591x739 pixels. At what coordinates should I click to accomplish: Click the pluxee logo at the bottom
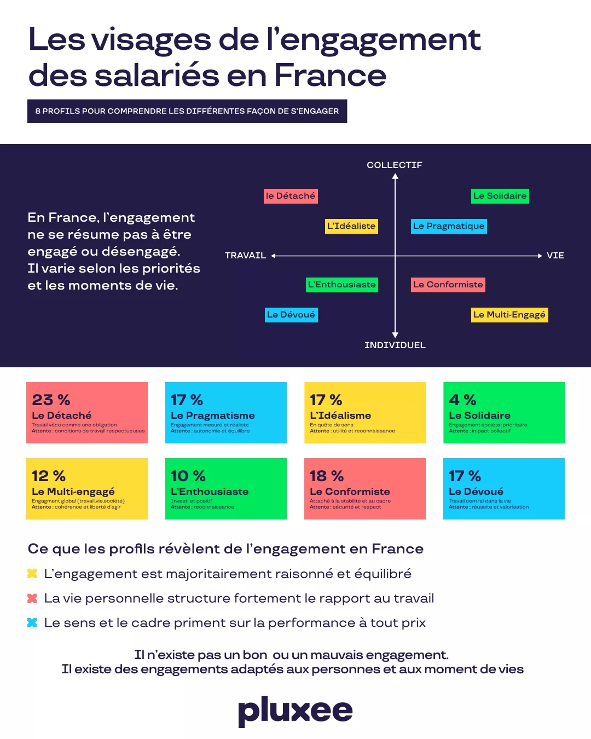[296, 711]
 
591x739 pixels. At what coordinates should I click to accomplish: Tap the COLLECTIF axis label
[395, 165]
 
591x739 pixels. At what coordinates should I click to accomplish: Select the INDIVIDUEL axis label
[395, 345]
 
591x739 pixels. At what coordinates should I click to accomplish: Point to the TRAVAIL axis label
[245, 255]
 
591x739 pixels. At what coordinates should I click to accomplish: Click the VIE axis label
[555, 255]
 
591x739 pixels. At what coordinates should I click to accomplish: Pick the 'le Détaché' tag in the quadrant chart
[291, 196]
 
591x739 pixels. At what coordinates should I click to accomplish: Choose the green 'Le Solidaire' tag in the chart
[500, 196]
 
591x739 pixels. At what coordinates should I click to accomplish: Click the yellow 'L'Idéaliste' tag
[351, 226]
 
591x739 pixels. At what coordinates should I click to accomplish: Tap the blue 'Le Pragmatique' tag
[449, 226]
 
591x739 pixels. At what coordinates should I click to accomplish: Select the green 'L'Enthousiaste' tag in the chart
[342, 285]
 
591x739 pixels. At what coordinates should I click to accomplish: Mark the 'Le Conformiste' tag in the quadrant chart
[448, 285]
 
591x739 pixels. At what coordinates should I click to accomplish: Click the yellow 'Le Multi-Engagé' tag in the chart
[509, 315]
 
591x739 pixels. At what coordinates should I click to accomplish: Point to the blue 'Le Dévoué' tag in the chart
[291, 315]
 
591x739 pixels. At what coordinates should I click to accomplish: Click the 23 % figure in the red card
[51, 400]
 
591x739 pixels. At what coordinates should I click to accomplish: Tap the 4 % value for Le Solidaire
[462, 400]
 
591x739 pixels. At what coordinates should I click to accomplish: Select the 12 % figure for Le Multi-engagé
[49, 476]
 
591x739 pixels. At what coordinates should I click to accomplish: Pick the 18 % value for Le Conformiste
[327, 476]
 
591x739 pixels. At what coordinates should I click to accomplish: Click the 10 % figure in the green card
[188, 476]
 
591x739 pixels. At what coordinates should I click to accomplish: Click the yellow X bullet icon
[32, 574]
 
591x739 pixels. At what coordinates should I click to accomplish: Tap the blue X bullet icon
[32, 622]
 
